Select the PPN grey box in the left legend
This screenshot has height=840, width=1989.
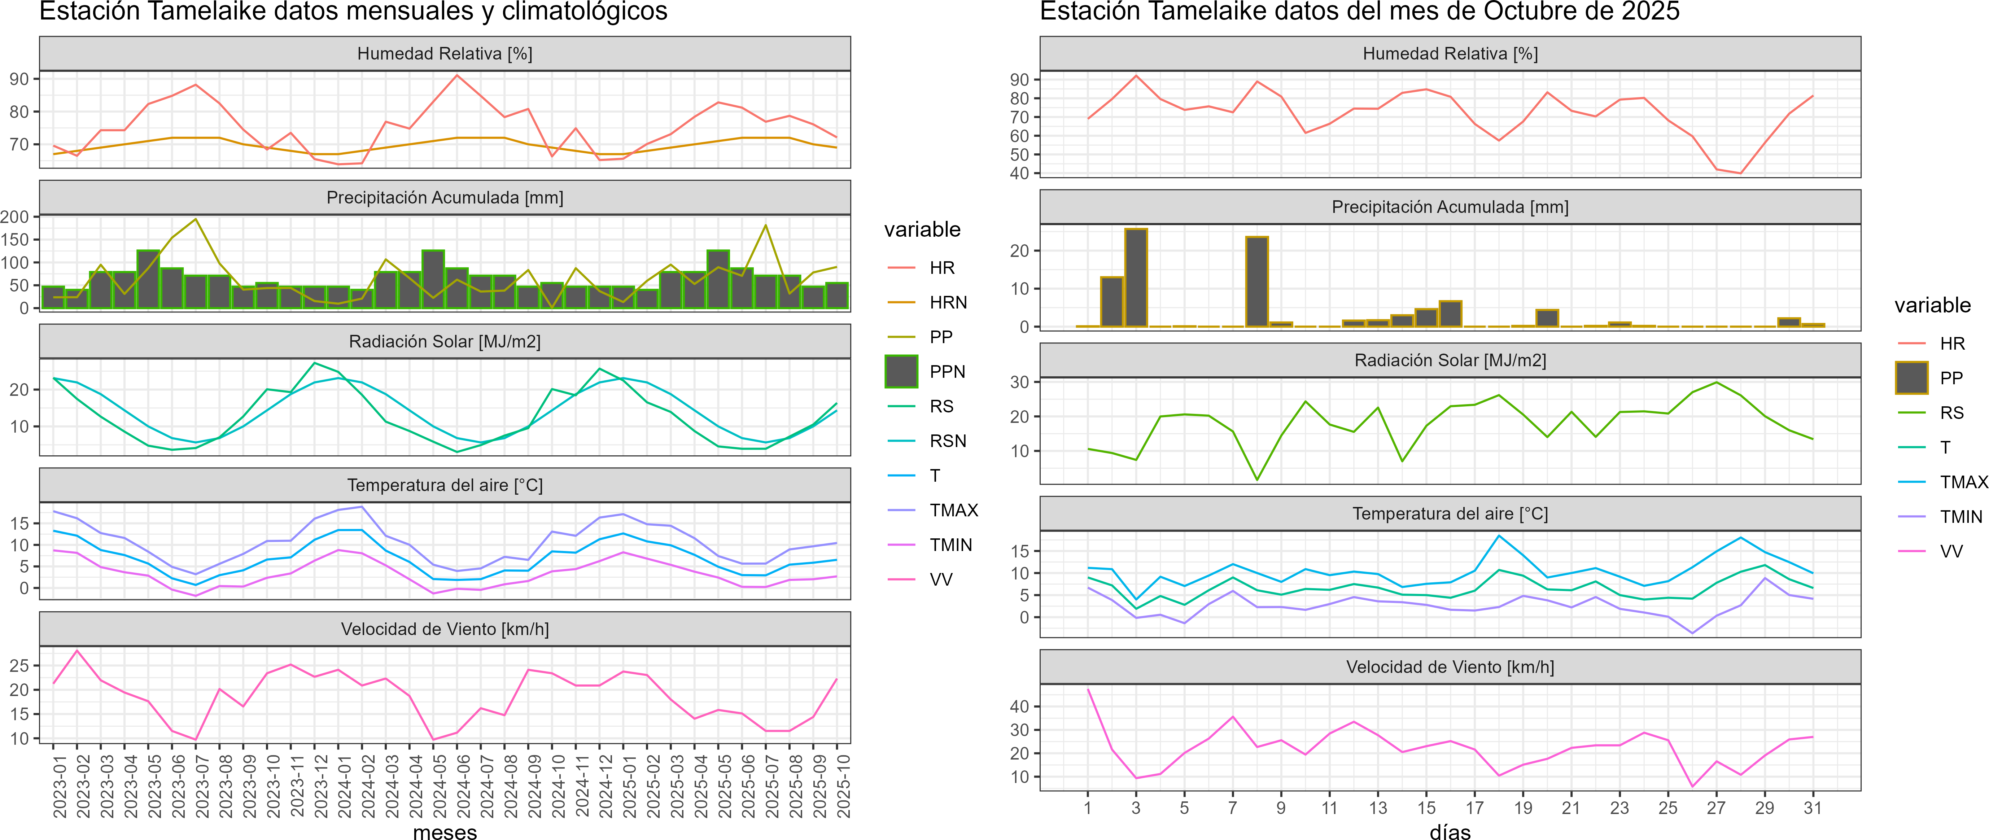tap(901, 371)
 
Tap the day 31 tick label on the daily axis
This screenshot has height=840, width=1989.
tap(1812, 808)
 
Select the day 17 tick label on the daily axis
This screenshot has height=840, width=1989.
tap(1475, 808)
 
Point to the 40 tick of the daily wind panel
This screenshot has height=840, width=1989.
tap(1019, 706)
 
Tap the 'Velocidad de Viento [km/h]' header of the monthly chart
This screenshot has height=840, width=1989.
tap(445, 629)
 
